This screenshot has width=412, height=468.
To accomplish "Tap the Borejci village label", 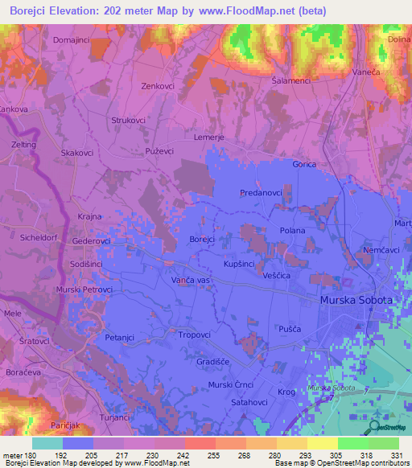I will coord(201,240).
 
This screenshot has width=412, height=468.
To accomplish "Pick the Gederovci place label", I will coord(91,240).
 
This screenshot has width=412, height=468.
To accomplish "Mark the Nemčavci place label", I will coord(381,251).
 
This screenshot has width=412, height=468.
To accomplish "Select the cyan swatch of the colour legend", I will coord(47,443).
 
